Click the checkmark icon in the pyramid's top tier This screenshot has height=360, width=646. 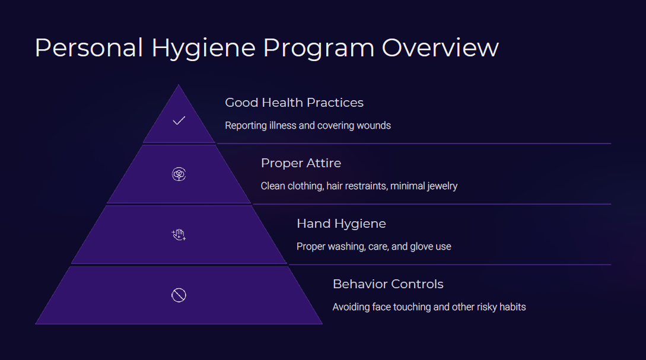point(179,120)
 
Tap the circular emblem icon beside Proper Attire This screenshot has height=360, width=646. point(179,174)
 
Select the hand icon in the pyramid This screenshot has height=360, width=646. point(179,235)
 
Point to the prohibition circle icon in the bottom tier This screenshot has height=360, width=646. point(179,295)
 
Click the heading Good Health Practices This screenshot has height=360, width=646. point(294,103)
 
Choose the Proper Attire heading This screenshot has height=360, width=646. point(301,163)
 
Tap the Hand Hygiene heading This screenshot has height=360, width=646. point(341,224)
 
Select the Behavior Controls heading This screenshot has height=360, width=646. point(388,284)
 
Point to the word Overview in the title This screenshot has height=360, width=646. point(440,48)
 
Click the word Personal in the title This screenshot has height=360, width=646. point(89,48)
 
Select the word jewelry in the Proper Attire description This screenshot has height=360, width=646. point(443,187)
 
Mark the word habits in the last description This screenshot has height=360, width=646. point(513,307)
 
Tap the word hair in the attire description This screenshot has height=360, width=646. point(334,186)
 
